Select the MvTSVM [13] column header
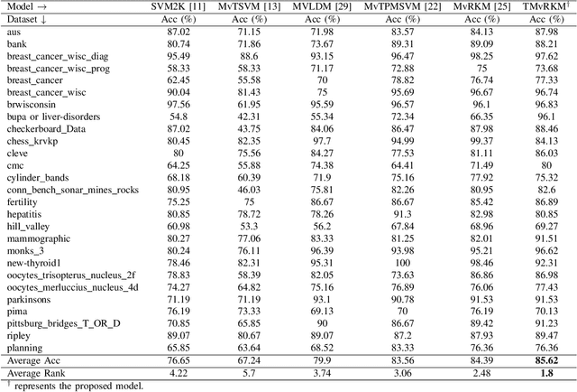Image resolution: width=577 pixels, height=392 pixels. tap(249, 6)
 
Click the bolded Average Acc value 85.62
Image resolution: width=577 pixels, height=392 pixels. tap(546, 359)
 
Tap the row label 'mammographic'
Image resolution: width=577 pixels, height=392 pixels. tap(34, 238)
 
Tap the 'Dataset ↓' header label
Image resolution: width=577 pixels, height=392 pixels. tap(27, 18)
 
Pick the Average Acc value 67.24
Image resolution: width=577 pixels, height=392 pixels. tap(249, 359)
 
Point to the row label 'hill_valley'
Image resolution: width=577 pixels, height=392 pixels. tap(27, 226)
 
